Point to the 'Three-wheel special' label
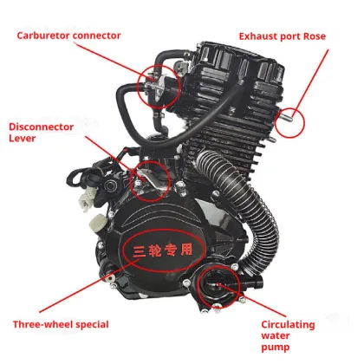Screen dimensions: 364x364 point(61,324)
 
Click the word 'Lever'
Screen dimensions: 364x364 point(25,140)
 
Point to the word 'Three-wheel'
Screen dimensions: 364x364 point(42,324)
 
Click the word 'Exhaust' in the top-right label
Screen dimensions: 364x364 point(261,37)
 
